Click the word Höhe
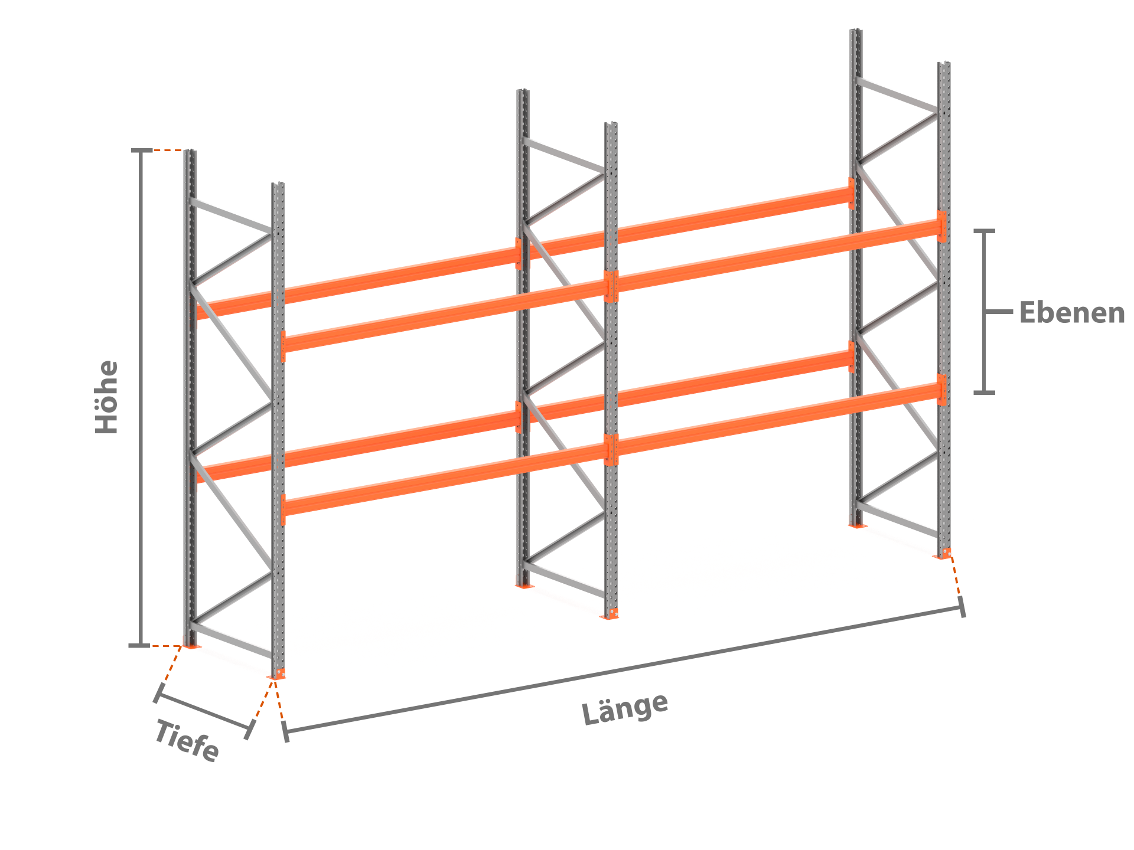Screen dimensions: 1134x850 coord(107,397)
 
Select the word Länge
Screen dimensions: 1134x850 coord(625,708)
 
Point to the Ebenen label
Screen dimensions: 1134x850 coord(1072,312)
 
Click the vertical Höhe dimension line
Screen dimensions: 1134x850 coord(141,398)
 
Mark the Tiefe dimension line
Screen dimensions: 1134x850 coord(204,711)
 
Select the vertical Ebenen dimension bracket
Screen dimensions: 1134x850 coord(985,312)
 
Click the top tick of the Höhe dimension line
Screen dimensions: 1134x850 coord(141,151)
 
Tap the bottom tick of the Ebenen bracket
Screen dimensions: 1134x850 coord(984,392)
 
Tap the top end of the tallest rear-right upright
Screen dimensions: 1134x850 coord(856,30)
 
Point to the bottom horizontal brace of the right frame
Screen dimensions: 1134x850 coord(897,519)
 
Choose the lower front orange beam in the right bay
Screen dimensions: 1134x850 coord(777,419)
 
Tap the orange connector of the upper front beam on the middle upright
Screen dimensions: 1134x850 coord(611,286)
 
